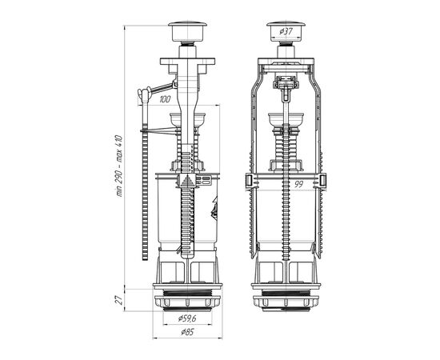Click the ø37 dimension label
coord(286,31)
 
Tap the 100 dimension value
coord(165,99)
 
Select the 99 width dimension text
coord(299,184)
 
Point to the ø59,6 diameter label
coord(187,318)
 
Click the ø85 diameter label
coord(187,332)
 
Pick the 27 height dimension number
coord(119,300)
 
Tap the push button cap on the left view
coord(187,31)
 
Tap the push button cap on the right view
coord(286,31)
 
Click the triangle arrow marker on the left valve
coord(187,182)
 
